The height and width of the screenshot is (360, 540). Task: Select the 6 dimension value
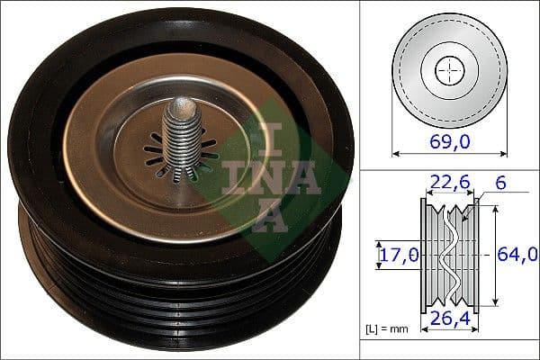500,183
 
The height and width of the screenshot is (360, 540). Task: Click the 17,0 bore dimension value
397,255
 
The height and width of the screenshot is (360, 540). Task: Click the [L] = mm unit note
387,328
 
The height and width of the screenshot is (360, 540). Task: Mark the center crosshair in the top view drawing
447,70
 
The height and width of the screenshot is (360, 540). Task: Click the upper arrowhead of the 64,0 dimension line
492,210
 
